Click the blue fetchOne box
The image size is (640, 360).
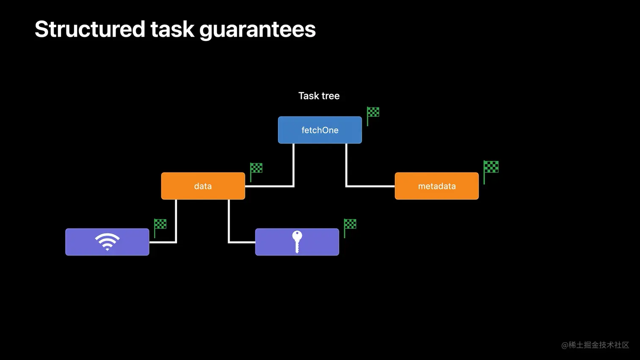(x=320, y=130)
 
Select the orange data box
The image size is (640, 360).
(x=203, y=186)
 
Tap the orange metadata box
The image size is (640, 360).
(x=436, y=186)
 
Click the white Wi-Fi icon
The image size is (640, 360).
(x=107, y=242)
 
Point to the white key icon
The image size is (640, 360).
(x=297, y=242)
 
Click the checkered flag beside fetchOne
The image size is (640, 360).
(x=372, y=113)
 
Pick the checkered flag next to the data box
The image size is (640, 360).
(x=256, y=169)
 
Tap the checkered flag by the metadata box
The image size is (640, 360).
(x=491, y=168)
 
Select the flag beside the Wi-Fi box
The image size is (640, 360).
(x=160, y=225)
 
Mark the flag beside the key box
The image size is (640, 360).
(x=350, y=225)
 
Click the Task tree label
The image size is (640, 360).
(x=319, y=96)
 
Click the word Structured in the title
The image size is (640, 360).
(x=90, y=29)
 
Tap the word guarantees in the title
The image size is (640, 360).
(x=257, y=29)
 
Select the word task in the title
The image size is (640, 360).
(x=172, y=29)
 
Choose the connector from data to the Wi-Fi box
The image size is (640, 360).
(x=176, y=224)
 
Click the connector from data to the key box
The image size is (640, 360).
(x=229, y=224)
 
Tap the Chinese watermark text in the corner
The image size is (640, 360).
(x=595, y=345)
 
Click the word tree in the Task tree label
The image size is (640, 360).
(x=331, y=96)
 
